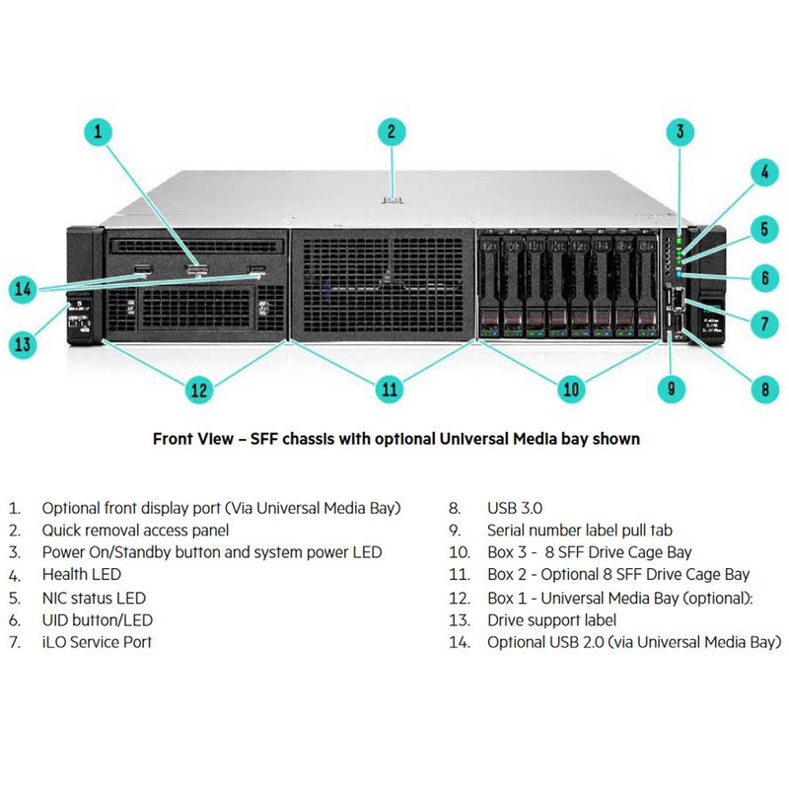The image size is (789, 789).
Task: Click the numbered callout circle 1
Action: click(96, 131)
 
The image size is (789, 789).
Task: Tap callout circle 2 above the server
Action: click(392, 131)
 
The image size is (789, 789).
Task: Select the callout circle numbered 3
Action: click(680, 131)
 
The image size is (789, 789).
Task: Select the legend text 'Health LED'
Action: click(83, 575)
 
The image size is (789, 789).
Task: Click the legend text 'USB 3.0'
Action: click(515, 508)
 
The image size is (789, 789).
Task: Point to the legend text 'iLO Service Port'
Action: click(97, 643)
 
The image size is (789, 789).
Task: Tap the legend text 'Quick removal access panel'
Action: click(135, 531)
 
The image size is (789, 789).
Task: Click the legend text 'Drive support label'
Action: click(551, 620)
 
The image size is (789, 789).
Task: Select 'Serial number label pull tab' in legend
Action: click(582, 531)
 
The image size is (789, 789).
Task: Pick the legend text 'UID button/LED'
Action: click(97, 620)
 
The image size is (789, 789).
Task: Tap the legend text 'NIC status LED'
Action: click(94, 598)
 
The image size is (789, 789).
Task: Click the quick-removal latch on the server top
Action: click(393, 199)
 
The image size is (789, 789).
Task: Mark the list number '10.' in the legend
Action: click(458, 553)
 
